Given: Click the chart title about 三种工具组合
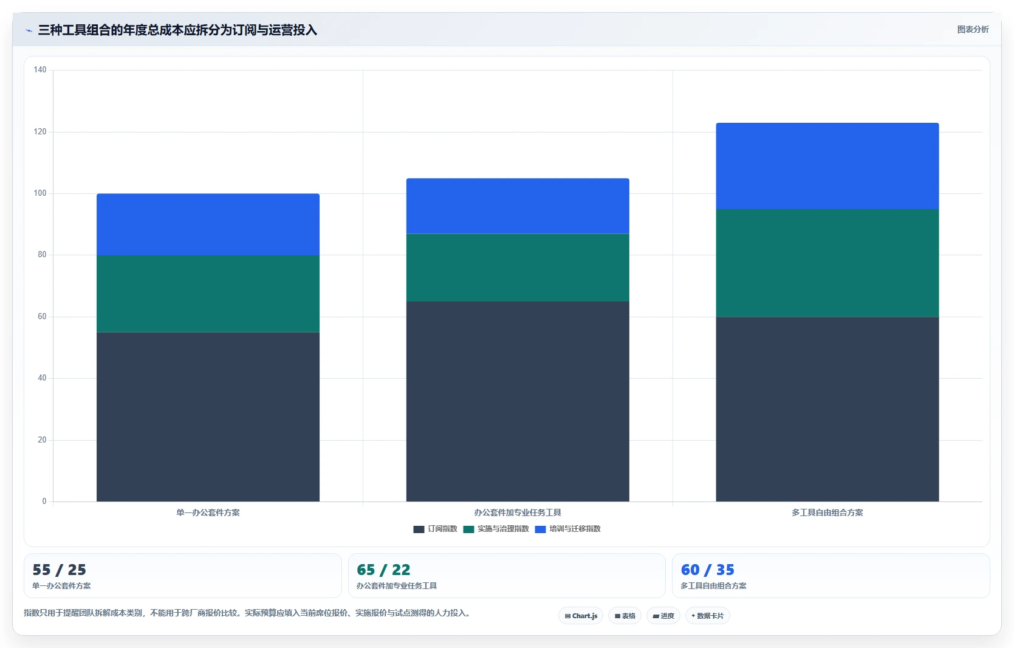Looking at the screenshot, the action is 177,30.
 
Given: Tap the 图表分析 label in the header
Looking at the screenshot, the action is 973,29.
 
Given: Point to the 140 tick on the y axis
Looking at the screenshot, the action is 40,70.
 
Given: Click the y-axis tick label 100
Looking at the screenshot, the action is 40,193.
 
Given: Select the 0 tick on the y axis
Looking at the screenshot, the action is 44,502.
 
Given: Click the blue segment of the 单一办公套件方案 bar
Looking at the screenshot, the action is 208,224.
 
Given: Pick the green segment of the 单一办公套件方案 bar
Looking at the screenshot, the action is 208,294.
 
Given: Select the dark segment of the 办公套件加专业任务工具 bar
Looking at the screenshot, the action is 518,402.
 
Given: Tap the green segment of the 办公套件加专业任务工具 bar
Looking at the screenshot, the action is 518,267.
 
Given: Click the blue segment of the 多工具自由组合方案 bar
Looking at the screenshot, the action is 827,166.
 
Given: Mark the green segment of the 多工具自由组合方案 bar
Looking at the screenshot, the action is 827,263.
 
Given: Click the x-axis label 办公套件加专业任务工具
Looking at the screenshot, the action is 518,512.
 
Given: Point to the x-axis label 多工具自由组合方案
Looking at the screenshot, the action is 827,512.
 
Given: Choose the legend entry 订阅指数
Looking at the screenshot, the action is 436,529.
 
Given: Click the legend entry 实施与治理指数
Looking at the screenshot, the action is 496,529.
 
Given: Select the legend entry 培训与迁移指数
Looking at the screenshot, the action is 567,529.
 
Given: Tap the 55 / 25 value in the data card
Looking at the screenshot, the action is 60,570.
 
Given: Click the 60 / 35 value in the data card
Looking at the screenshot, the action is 708,570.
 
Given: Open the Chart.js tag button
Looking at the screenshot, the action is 581,616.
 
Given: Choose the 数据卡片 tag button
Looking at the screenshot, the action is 708,616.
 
